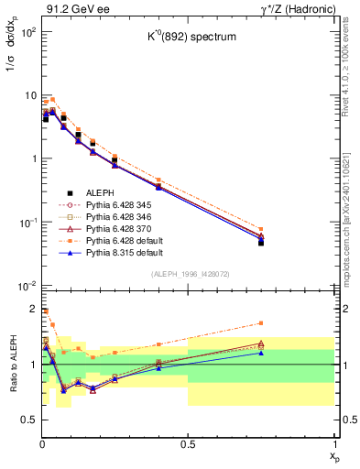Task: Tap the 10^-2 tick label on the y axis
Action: coord(25,286)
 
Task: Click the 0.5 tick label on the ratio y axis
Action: coord(27,420)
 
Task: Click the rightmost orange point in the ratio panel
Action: coord(261,322)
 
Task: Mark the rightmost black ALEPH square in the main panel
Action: coord(261,243)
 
